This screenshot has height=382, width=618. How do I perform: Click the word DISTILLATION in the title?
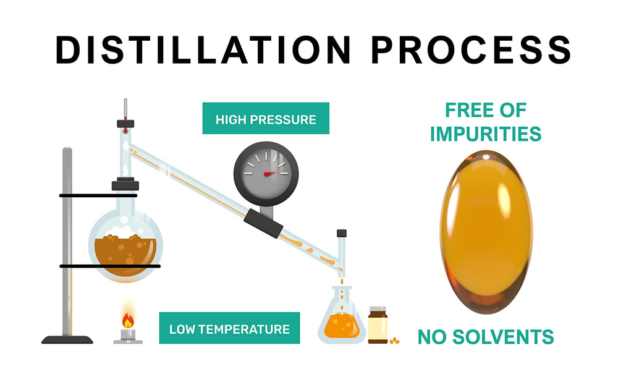pyautogui.click(x=203, y=49)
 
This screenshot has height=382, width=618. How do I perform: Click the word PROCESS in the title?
pyautogui.click(x=471, y=49)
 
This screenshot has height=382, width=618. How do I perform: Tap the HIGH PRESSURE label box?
pyautogui.click(x=266, y=118)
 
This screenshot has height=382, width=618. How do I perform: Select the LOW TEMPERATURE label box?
pyautogui.click(x=229, y=328)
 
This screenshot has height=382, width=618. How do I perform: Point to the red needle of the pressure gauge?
pyautogui.click(x=271, y=174)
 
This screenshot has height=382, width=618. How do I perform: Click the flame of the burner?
pyautogui.click(x=128, y=320)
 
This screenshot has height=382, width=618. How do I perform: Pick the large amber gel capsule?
pyautogui.click(x=486, y=232)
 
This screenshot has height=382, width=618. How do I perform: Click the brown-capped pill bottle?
pyautogui.click(x=378, y=325)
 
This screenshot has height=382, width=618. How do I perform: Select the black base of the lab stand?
pyautogui.click(x=67, y=339)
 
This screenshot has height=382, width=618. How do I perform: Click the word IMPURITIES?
pyautogui.click(x=486, y=134)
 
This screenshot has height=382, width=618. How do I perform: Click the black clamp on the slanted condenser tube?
pyautogui.click(x=263, y=224)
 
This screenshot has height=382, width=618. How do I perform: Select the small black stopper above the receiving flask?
pyautogui.click(x=342, y=233)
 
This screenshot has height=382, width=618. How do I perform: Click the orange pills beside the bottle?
pyautogui.click(x=394, y=340)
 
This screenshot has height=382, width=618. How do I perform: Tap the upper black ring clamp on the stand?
pyautogui.click(x=98, y=195)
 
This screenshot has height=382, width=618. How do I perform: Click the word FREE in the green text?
pyautogui.click(x=464, y=110)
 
